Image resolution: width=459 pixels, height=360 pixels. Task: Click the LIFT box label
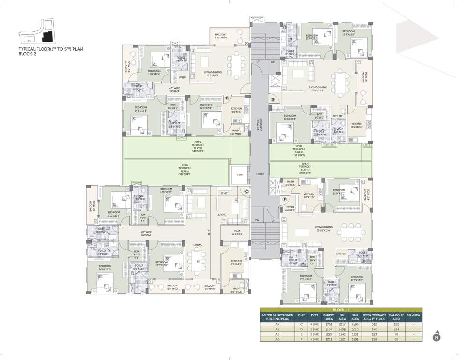(x=240, y=175)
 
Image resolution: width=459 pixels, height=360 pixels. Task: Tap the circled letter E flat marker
(x=272, y=100)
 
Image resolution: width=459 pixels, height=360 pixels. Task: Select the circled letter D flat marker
(x=227, y=98)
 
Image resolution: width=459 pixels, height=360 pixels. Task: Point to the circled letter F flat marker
(x=284, y=199)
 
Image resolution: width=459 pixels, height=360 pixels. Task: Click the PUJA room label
(x=237, y=232)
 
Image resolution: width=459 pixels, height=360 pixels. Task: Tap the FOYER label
(x=290, y=209)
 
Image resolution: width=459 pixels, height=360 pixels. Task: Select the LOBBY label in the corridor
(x=260, y=174)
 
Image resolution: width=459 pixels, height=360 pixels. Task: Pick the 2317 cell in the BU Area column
(x=342, y=324)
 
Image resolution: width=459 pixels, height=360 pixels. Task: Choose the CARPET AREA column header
(x=329, y=317)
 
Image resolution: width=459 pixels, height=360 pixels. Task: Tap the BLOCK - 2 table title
(x=341, y=310)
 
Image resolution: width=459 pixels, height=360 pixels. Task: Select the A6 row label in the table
(x=277, y=339)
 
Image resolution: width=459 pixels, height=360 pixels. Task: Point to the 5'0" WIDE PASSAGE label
(x=146, y=233)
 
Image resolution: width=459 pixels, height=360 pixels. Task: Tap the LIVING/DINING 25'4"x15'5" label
(x=318, y=89)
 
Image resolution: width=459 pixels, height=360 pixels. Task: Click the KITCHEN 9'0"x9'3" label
(x=237, y=110)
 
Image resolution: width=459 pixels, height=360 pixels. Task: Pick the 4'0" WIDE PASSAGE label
(x=178, y=89)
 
